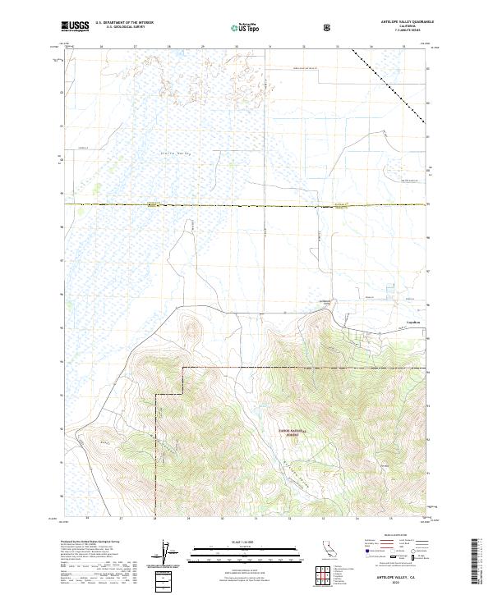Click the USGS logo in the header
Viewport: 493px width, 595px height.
pos(75,27)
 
